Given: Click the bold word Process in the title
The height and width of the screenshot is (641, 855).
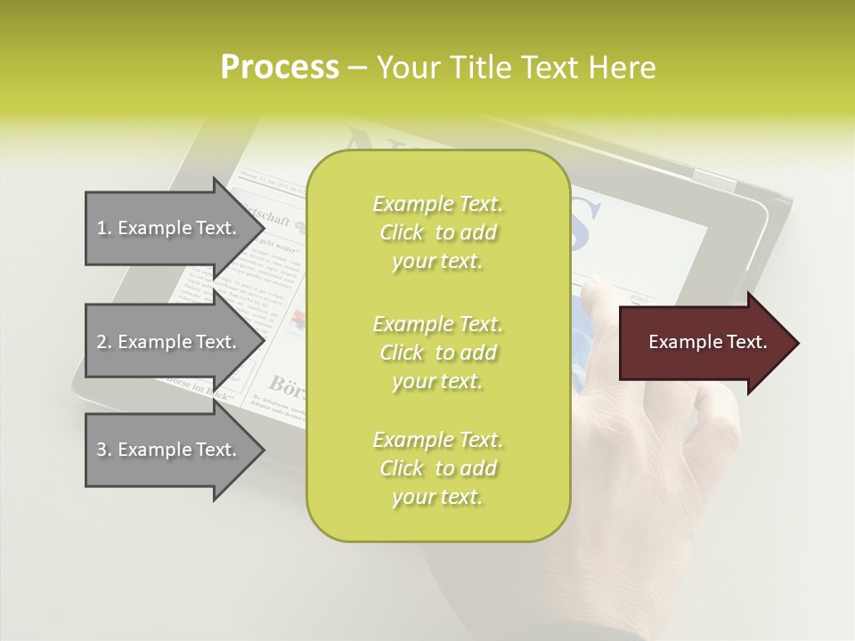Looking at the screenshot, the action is (x=280, y=68).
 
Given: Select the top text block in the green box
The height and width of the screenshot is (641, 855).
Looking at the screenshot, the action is (x=437, y=232).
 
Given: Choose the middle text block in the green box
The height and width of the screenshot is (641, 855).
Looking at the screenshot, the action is (x=437, y=352).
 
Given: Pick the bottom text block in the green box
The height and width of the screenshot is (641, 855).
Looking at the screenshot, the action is (x=437, y=468).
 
